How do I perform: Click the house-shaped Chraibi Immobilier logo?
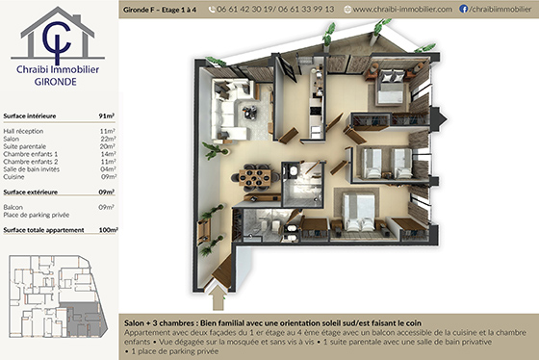click(x=57, y=38)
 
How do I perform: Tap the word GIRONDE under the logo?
click(x=58, y=84)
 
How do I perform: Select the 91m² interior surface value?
click(x=107, y=115)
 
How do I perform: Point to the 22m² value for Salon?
click(x=109, y=138)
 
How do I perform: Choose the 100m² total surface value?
click(x=107, y=230)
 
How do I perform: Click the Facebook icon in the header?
click(x=463, y=9)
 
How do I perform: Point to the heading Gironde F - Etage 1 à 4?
click(x=160, y=9)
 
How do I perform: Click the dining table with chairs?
click(x=257, y=177)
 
